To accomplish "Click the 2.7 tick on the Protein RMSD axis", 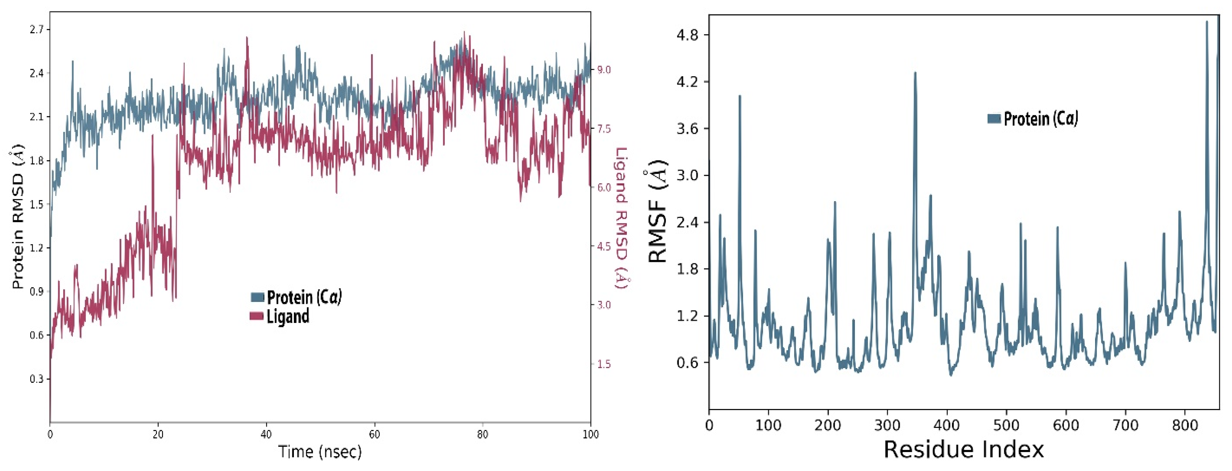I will point(36,30).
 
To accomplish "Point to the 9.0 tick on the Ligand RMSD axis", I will point(604,70).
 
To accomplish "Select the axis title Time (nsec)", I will point(320,451).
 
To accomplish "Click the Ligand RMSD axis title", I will point(621,218).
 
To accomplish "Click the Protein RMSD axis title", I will point(18,218).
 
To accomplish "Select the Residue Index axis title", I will point(963,449).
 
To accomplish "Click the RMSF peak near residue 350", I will point(915,73).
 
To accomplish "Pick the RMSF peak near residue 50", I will point(739,96).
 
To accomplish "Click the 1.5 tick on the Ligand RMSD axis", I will point(604,364).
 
